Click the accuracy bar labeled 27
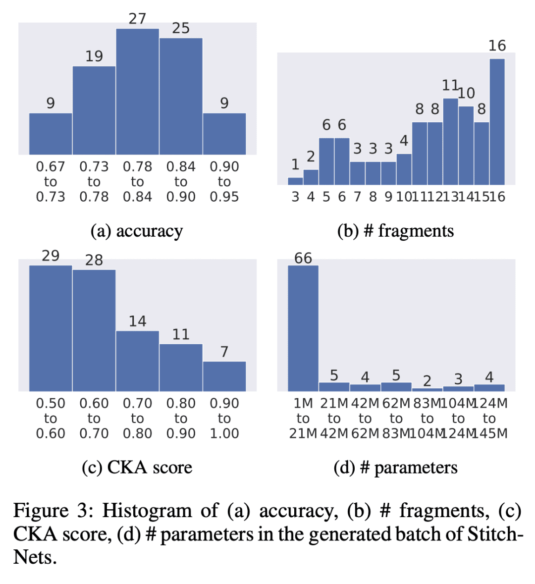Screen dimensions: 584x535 tap(137, 92)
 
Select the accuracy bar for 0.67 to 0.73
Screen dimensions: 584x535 tap(51, 134)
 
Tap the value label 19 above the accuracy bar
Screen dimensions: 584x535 tap(94, 56)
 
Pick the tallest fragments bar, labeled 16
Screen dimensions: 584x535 tap(497, 121)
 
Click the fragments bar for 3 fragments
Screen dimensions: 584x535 tap(295, 181)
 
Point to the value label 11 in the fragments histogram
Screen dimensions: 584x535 tap(450, 86)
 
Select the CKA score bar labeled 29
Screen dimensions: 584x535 tap(51, 328)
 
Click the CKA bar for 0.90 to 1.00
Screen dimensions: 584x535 tap(224, 376)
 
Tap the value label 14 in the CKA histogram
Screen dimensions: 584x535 tap(137, 321)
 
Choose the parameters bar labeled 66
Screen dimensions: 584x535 tap(303, 328)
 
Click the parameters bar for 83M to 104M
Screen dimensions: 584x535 tap(427, 389)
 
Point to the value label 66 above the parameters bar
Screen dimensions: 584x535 tap(303, 258)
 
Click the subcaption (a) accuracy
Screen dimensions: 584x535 tap(137, 231)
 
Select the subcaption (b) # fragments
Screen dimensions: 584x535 tap(395, 231)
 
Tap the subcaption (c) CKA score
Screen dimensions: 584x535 tap(137, 467)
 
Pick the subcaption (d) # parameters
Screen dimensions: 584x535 tap(395, 467)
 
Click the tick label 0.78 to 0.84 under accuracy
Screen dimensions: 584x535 tap(137, 182)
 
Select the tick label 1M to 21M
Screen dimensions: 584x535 tap(303, 419)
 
